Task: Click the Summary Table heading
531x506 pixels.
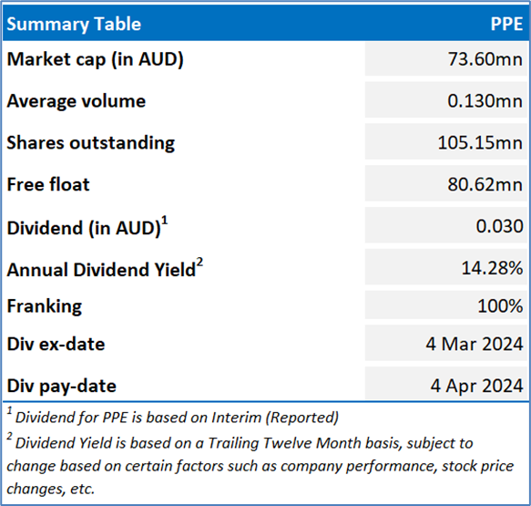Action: tap(74, 24)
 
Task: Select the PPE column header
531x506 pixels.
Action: tap(506, 24)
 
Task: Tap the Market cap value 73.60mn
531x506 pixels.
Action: tap(485, 59)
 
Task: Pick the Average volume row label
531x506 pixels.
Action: tap(77, 101)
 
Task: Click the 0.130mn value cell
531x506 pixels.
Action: tap(485, 101)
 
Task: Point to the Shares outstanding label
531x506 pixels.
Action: tap(91, 143)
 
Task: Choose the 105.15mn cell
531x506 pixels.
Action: tap(480, 143)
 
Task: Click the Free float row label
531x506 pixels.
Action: tap(48, 185)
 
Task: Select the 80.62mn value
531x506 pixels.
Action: tap(485, 185)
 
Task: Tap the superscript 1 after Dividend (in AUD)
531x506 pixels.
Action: tap(165, 221)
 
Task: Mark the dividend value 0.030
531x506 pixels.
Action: tap(499, 226)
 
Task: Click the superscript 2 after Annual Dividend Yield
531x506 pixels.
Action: tap(199, 263)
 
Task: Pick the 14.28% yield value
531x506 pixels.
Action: tap(493, 268)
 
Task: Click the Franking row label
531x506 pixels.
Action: tap(45, 306)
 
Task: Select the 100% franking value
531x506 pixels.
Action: tap(500, 305)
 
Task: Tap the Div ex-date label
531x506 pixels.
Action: tap(56, 345)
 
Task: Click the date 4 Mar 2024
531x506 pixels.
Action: tap(475, 344)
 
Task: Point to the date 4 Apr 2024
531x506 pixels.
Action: tap(477, 386)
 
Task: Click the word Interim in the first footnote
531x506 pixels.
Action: tap(237, 418)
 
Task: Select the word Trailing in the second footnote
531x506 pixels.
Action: tap(234, 443)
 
